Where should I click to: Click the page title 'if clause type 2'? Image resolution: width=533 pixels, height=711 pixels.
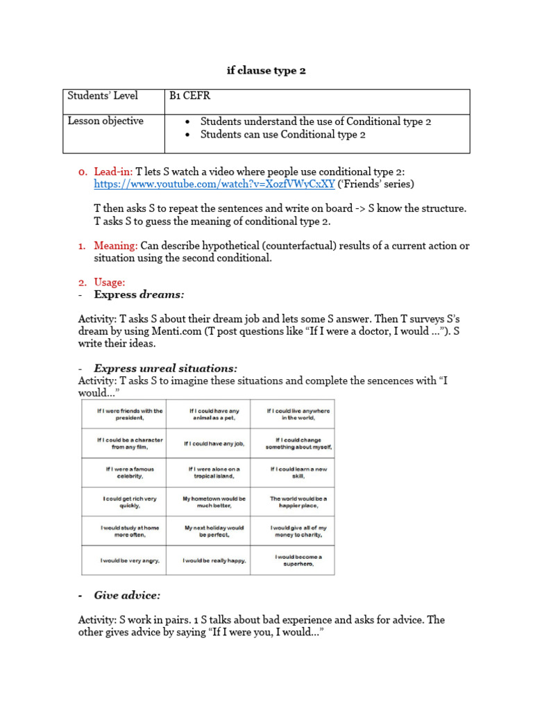(266, 70)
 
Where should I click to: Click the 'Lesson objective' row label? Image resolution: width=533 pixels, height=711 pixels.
(105, 122)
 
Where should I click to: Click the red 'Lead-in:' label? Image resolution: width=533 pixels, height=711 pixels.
(113, 172)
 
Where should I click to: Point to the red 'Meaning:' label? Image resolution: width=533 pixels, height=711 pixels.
(116, 246)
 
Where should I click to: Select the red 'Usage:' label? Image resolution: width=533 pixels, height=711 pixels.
(110, 283)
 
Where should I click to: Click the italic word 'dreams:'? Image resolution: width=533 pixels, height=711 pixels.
(162, 295)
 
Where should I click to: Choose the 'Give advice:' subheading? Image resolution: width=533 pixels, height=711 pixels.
(127, 596)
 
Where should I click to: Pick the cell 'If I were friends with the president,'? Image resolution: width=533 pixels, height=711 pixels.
(124, 415)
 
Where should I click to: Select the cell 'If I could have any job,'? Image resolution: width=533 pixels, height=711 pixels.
(208, 444)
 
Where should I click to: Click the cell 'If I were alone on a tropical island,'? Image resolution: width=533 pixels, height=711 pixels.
(208, 473)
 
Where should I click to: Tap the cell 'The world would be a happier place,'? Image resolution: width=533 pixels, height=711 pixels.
(292, 502)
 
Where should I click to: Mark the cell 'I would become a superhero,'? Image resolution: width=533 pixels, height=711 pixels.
(292, 560)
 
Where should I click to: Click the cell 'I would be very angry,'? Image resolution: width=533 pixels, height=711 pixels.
(124, 560)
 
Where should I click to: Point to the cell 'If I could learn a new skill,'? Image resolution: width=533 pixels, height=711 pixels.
(292, 473)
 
